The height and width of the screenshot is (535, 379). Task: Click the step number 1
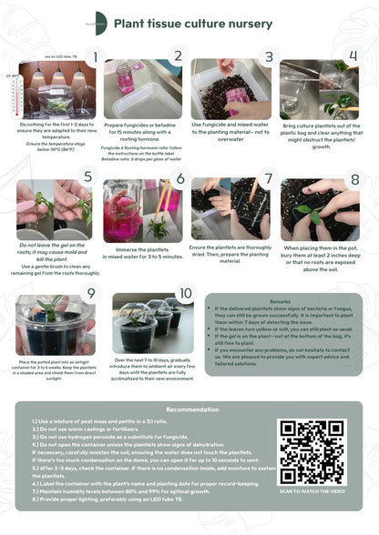[96, 58]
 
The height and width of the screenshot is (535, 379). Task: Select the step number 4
[353, 56]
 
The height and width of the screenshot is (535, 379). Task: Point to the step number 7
[267, 178]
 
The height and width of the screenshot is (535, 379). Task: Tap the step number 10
[186, 293]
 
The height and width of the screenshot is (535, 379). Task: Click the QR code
[312, 451]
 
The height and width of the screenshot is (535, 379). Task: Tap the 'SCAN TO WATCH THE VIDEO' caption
[312, 490]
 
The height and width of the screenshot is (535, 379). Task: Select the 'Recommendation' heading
[191, 409]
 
